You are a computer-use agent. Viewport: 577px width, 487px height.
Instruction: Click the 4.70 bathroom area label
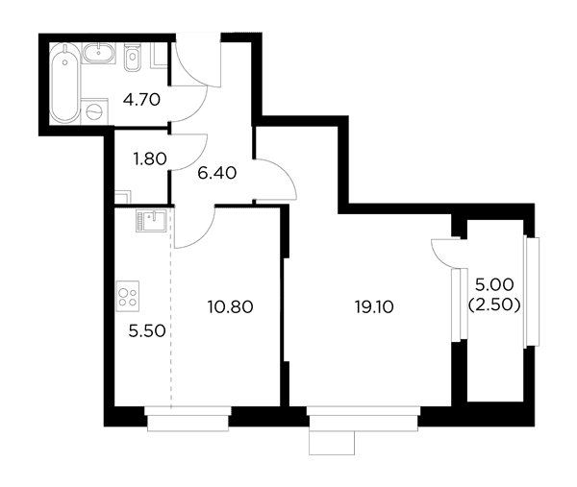(141, 100)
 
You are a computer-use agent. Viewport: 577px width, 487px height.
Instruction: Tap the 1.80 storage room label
(150, 159)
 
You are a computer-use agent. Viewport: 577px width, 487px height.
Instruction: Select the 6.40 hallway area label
(216, 173)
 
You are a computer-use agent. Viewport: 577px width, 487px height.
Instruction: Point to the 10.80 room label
(231, 307)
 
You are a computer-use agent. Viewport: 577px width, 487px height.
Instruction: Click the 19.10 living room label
(374, 307)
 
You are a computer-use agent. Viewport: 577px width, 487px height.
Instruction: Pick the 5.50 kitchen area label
(147, 331)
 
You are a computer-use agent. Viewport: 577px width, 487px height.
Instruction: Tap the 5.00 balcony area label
(494, 284)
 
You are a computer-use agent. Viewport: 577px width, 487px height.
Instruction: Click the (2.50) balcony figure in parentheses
(494, 304)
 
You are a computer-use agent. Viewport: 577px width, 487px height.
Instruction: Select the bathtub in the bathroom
(64, 83)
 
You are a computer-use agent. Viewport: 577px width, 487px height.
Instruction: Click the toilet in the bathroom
(132, 57)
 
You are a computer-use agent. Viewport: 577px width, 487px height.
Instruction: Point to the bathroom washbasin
(99, 53)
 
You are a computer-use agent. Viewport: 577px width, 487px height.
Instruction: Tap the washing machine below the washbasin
(94, 110)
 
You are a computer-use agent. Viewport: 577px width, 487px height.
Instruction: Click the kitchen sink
(151, 221)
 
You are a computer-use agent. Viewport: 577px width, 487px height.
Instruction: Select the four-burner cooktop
(128, 296)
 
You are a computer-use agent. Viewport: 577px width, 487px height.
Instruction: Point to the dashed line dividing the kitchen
(171, 307)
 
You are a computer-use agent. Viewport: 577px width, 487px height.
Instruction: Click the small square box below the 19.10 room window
(332, 443)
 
